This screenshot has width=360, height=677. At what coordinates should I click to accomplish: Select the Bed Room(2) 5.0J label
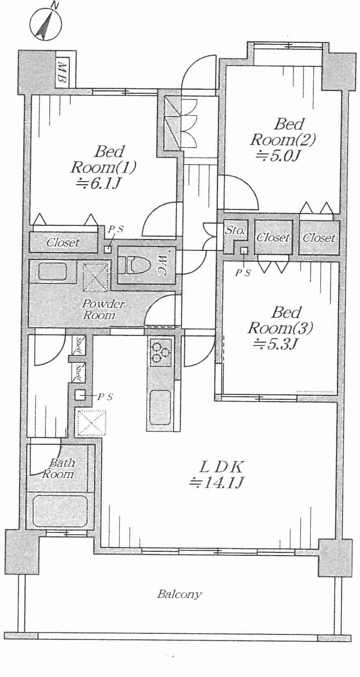(x=283, y=139)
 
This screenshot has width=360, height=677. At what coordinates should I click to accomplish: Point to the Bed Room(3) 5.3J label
(x=280, y=328)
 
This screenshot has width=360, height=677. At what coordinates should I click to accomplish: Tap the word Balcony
(x=179, y=595)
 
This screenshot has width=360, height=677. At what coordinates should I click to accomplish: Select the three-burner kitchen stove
(x=160, y=351)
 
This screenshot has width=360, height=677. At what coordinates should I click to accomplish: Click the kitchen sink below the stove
(x=160, y=407)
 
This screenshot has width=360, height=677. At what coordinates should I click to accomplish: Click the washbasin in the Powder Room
(x=53, y=271)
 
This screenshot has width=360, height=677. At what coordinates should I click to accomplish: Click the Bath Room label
(x=59, y=468)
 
